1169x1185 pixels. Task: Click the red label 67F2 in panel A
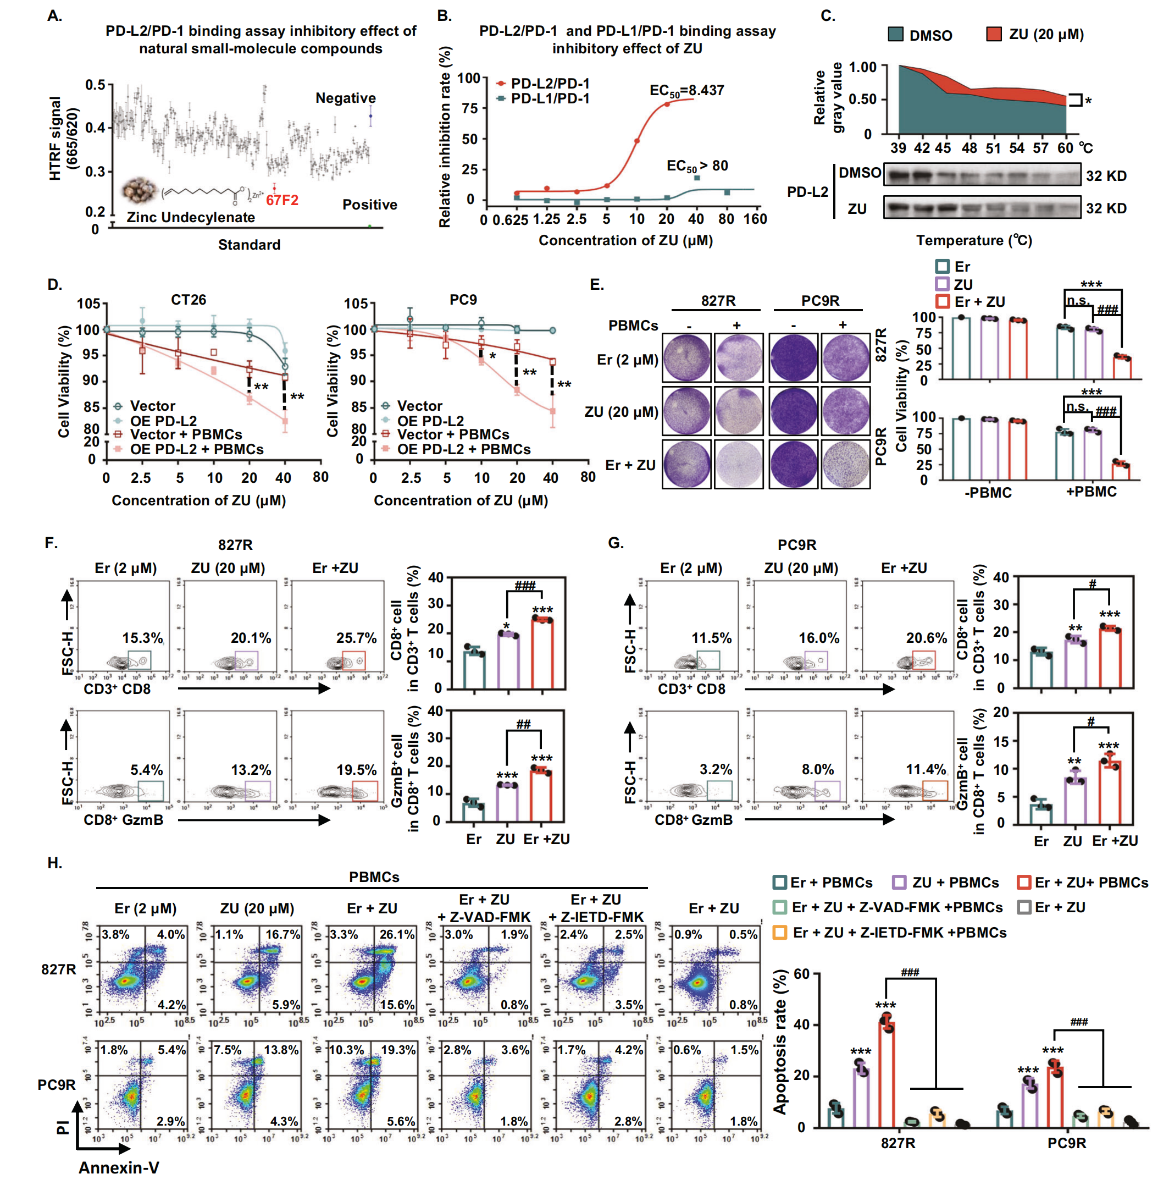(x=282, y=200)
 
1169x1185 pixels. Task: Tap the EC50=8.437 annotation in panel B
(x=686, y=91)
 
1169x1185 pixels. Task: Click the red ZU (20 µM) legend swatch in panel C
(x=994, y=34)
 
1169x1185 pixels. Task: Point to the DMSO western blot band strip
(x=982, y=175)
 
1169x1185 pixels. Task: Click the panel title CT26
(x=188, y=300)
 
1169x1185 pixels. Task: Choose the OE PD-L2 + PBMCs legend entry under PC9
(x=463, y=450)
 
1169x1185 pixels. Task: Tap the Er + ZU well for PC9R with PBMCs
(x=845, y=464)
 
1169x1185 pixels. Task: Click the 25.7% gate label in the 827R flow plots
(x=356, y=638)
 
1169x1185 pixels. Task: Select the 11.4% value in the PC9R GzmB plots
(x=926, y=769)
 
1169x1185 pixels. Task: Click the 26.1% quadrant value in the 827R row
(x=397, y=935)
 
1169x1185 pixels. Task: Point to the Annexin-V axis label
(x=119, y=1167)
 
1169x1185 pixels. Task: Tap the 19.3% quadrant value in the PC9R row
(x=398, y=1050)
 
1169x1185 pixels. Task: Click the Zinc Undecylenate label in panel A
(x=191, y=217)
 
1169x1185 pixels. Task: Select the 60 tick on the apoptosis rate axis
(x=801, y=974)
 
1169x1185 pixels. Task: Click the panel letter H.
(x=54, y=863)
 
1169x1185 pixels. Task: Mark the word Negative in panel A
(x=345, y=98)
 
